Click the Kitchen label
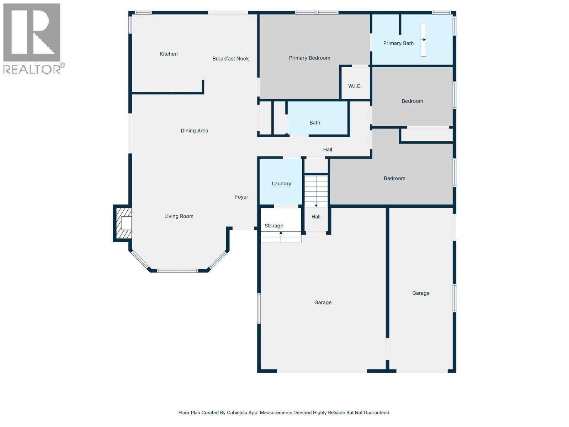[x=169, y=54]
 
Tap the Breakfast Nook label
[x=230, y=59]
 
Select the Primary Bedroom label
[x=309, y=58]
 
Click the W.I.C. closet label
[x=355, y=86]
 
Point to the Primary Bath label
[x=398, y=43]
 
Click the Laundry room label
[x=281, y=184]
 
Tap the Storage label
[x=274, y=226]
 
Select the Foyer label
[x=241, y=197]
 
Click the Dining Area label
[x=194, y=131]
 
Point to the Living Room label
[x=179, y=216]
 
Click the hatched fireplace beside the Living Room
[x=123, y=223]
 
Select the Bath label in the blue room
[x=315, y=123]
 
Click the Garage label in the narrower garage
[x=421, y=293]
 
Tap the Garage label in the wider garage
[x=323, y=302]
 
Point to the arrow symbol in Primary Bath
[x=424, y=40]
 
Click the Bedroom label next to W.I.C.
[x=412, y=101]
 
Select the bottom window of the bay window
[x=177, y=271]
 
